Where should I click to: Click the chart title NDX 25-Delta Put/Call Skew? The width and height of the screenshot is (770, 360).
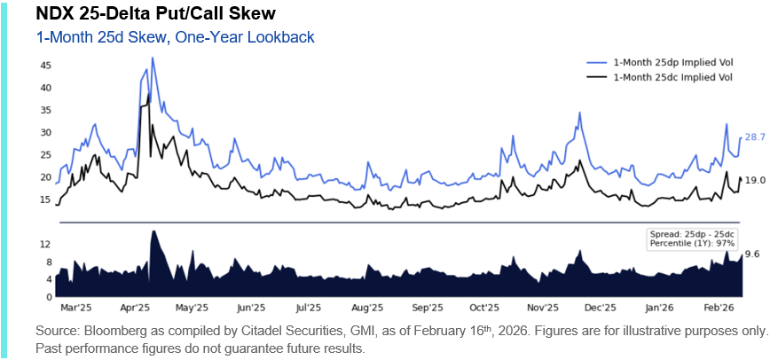click(x=143, y=15)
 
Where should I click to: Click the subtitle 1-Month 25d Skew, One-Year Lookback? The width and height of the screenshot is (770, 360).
click(x=175, y=37)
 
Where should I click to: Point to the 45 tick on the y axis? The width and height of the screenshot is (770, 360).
click(x=45, y=66)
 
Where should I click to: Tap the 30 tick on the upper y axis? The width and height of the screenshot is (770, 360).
click(x=45, y=132)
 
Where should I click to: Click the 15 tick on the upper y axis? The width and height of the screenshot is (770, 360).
click(x=45, y=200)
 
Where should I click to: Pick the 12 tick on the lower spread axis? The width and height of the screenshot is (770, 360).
click(x=45, y=244)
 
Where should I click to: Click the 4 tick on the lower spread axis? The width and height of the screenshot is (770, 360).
click(x=48, y=279)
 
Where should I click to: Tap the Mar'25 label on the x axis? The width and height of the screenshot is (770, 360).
click(x=75, y=308)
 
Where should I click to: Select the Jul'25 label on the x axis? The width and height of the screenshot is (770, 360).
click(x=307, y=308)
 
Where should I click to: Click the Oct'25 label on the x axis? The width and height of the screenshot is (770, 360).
click(x=484, y=308)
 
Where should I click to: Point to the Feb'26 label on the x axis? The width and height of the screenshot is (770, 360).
click(x=716, y=308)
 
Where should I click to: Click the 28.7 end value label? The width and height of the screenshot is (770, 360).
click(x=755, y=137)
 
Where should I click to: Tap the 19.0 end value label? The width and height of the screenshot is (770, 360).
click(x=755, y=180)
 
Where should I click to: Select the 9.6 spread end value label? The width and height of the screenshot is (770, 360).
click(x=752, y=254)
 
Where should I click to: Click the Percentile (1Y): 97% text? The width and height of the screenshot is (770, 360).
click(x=692, y=242)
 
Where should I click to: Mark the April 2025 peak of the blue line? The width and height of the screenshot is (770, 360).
click(x=153, y=59)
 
